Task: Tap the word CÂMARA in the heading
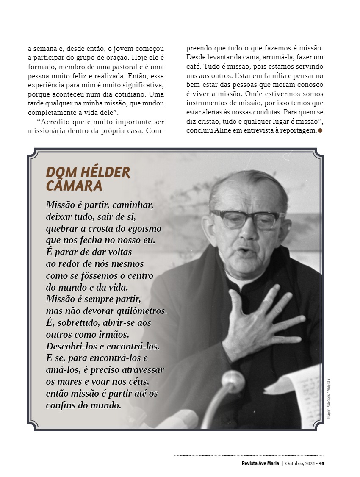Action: click(74, 186)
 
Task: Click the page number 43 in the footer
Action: click(322, 463)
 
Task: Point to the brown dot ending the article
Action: click(320, 130)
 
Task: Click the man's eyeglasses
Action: click(247, 219)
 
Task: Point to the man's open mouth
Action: click(243, 251)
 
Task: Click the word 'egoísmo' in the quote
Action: click(143, 229)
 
